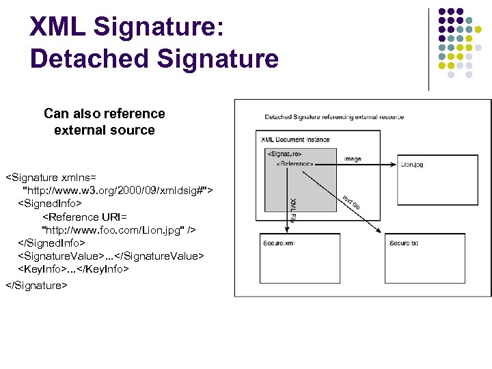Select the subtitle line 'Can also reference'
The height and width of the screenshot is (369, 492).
click(104, 113)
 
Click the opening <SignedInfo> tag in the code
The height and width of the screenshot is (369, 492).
click(50, 203)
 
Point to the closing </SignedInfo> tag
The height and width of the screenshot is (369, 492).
click(52, 243)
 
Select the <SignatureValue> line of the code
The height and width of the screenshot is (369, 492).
click(111, 256)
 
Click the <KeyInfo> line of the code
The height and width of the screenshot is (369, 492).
click(73, 269)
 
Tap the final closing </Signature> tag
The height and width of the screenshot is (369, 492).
click(36, 285)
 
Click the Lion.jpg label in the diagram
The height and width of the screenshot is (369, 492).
click(412, 164)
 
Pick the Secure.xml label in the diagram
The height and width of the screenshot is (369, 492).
click(279, 243)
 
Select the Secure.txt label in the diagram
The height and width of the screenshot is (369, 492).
click(404, 243)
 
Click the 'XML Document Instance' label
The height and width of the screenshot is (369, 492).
click(295, 139)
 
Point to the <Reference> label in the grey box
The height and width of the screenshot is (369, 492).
click(295, 164)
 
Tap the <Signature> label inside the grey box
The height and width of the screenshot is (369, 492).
click(284, 154)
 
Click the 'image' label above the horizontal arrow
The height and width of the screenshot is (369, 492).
click(353, 159)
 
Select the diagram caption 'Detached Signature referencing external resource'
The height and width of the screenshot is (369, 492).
click(334, 117)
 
